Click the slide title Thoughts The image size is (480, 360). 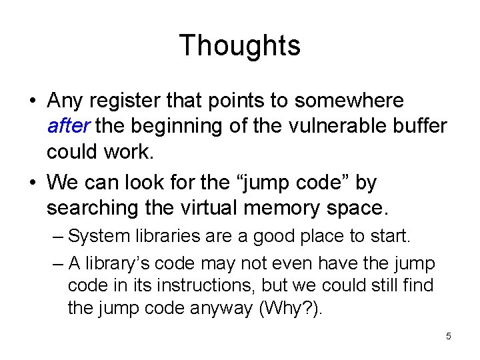tap(240, 45)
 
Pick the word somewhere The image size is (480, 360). tap(349, 101)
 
